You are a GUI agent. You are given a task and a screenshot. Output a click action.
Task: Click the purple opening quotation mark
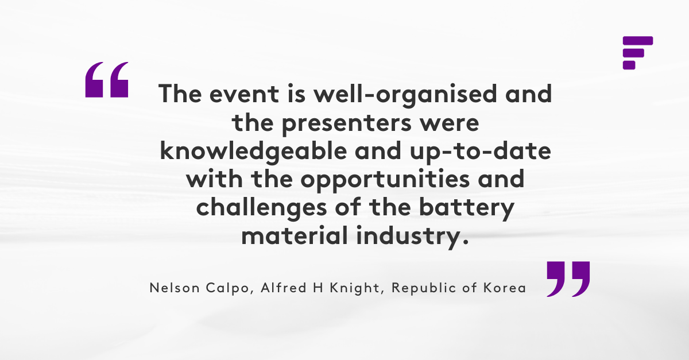(x=106, y=80)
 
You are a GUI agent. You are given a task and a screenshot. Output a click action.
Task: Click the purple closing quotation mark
(x=568, y=279)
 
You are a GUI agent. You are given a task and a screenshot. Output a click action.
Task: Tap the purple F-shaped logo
(x=638, y=53)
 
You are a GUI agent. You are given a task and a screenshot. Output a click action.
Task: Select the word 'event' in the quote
(x=244, y=94)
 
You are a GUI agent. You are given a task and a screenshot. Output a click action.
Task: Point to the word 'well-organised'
(x=405, y=95)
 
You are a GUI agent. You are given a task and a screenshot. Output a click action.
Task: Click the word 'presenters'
(x=347, y=123)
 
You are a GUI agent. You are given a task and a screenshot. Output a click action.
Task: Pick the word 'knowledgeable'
(x=253, y=152)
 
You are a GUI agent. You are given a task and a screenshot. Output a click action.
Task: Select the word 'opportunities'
(x=385, y=180)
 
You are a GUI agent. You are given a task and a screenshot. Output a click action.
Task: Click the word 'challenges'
(x=261, y=208)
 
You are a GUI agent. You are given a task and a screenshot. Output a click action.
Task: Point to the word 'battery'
(x=467, y=209)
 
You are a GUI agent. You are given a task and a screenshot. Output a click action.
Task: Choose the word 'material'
(x=295, y=235)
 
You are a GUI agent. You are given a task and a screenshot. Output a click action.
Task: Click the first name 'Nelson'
(x=175, y=288)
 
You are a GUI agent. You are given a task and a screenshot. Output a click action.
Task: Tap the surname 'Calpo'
(x=227, y=289)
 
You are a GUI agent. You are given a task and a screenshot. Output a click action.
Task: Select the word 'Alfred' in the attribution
(x=284, y=288)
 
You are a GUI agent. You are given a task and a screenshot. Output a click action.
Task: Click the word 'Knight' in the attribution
(x=355, y=289)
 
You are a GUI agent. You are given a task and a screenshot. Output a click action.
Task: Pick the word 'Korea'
(x=505, y=288)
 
